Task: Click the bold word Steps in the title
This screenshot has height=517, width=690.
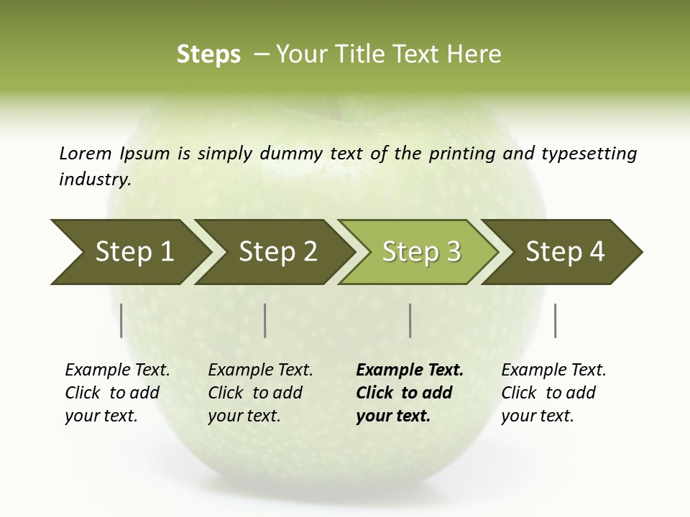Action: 208,55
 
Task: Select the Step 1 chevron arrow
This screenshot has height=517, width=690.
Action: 129,252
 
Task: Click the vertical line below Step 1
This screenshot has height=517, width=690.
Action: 121,320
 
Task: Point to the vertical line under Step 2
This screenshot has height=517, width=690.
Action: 265,320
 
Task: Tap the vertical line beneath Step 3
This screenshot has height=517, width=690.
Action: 410,320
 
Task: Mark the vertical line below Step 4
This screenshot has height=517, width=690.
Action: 555,320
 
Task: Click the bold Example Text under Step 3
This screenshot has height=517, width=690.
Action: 410,371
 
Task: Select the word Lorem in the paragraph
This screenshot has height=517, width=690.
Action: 86,153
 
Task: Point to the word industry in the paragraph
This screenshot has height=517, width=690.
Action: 95,180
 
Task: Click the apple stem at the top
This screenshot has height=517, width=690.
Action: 333,108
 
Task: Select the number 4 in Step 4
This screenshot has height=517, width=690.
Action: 597,252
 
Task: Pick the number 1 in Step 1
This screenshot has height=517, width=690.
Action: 167,252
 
